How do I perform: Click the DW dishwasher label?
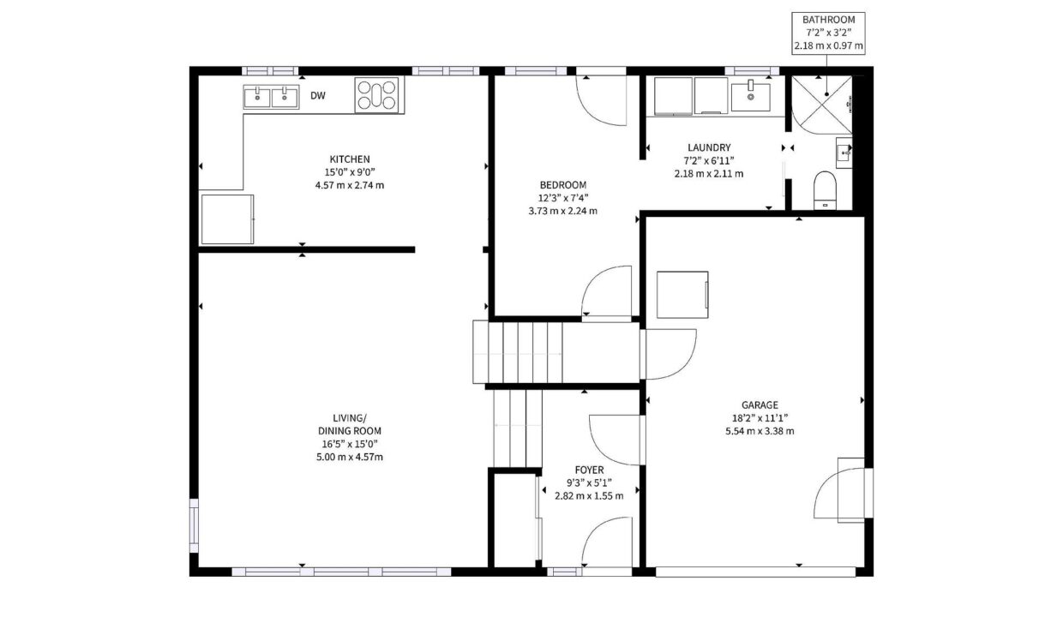tap(318, 95)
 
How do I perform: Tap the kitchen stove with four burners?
tap(377, 95)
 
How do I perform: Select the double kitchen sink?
tap(271, 97)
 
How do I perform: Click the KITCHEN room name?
tap(350, 159)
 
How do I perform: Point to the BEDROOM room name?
tap(563, 185)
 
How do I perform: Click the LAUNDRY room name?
tap(709, 147)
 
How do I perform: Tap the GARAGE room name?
tap(760, 405)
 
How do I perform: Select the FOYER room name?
tap(590, 470)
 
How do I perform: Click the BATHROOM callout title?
tap(829, 20)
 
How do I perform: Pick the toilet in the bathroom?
tap(825, 190)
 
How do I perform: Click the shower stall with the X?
tap(821, 105)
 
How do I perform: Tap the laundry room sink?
tap(750, 97)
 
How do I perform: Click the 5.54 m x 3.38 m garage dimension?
tap(760, 431)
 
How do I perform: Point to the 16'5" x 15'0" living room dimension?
tap(350, 445)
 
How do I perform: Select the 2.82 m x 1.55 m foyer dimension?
tap(590, 496)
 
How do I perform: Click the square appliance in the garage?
tap(683, 295)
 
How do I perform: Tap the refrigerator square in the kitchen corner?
tap(227, 219)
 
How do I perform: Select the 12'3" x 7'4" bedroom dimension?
tap(563, 198)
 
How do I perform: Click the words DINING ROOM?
tap(350, 431)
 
